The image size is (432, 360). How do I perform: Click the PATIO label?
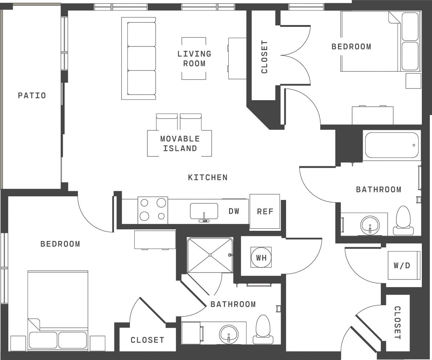coord(32,95)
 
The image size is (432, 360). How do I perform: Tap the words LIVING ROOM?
coord(194,59)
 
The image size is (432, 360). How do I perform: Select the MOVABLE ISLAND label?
coord(180,143)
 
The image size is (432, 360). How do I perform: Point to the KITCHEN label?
coord(208,177)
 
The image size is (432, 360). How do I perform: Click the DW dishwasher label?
coord(234,211)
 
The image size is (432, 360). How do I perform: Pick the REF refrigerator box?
coord(265,211)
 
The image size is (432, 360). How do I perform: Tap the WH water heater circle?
coord(261,258)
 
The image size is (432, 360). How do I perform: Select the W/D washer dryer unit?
coord(404,265)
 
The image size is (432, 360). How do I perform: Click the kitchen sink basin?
coord(204,211)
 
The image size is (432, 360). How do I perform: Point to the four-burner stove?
coord(152,210)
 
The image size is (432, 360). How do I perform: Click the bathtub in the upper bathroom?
coord(391,145)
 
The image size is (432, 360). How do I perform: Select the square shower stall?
coord(210,255)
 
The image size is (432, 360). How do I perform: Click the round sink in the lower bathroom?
coord(228,334)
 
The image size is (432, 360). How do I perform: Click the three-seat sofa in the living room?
coord(139,58)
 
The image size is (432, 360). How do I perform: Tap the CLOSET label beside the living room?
coord(264,57)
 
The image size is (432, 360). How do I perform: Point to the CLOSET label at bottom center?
coord(147,340)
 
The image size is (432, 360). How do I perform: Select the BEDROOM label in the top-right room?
coord(351,46)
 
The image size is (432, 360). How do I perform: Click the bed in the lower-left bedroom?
coord(58,310)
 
